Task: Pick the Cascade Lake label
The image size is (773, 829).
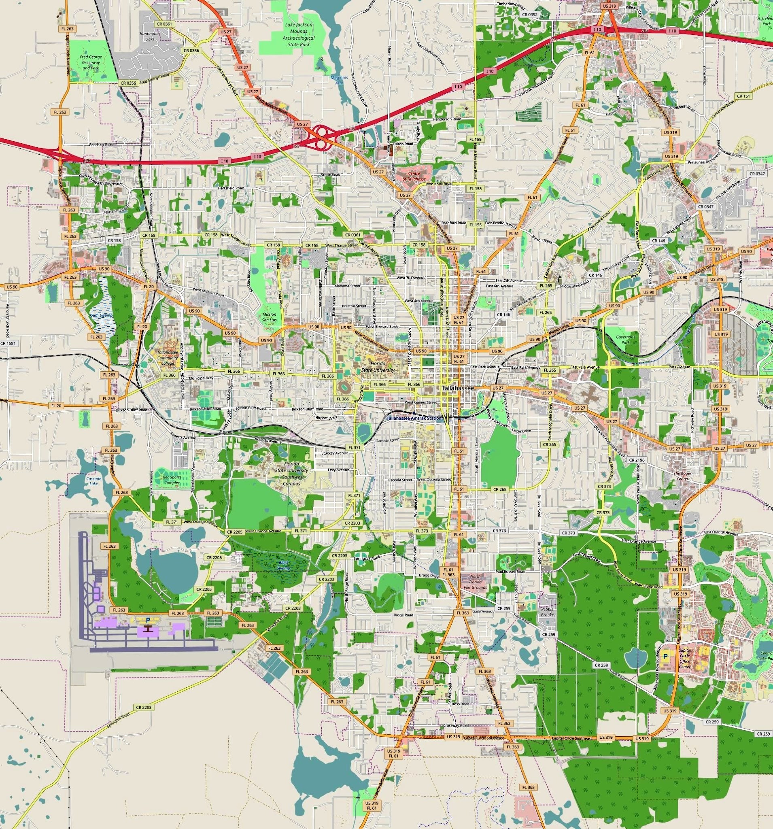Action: point(91,481)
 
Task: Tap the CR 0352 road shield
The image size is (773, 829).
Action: point(529,15)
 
